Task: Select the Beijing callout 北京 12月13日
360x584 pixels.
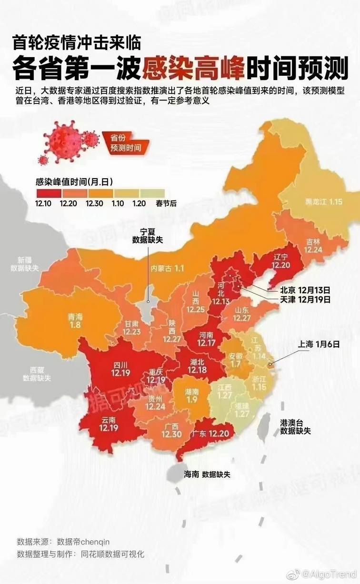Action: click(x=305, y=290)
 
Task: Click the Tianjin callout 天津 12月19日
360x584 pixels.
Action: click(x=305, y=300)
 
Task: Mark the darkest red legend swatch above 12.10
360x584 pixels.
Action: click(x=48, y=193)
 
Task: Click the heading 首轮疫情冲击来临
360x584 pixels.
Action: click(x=77, y=43)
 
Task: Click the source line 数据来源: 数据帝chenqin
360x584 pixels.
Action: click(x=63, y=542)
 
